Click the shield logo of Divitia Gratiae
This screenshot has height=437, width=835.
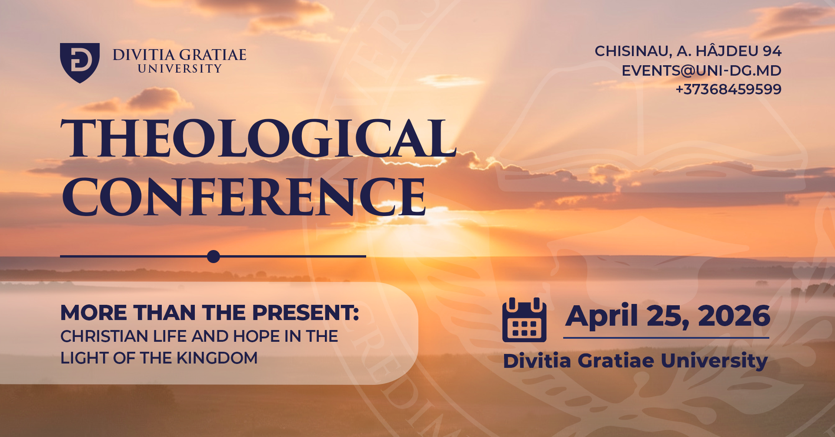coord(80,63)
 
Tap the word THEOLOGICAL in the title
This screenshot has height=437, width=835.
coord(258,138)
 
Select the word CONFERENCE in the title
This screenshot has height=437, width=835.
coord(244,197)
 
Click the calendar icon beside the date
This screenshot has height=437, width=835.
coord(524,320)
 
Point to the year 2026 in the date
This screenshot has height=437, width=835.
coord(734,316)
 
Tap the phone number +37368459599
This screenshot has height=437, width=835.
coord(728,89)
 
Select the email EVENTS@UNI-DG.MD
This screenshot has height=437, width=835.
coord(701,70)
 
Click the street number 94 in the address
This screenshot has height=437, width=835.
coord(772,51)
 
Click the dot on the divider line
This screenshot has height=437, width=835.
coord(214,257)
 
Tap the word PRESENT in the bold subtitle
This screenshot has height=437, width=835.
coord(306,313)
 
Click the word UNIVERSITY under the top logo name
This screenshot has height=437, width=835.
coord(180,69)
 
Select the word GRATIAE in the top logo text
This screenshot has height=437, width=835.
coord(213,55)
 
